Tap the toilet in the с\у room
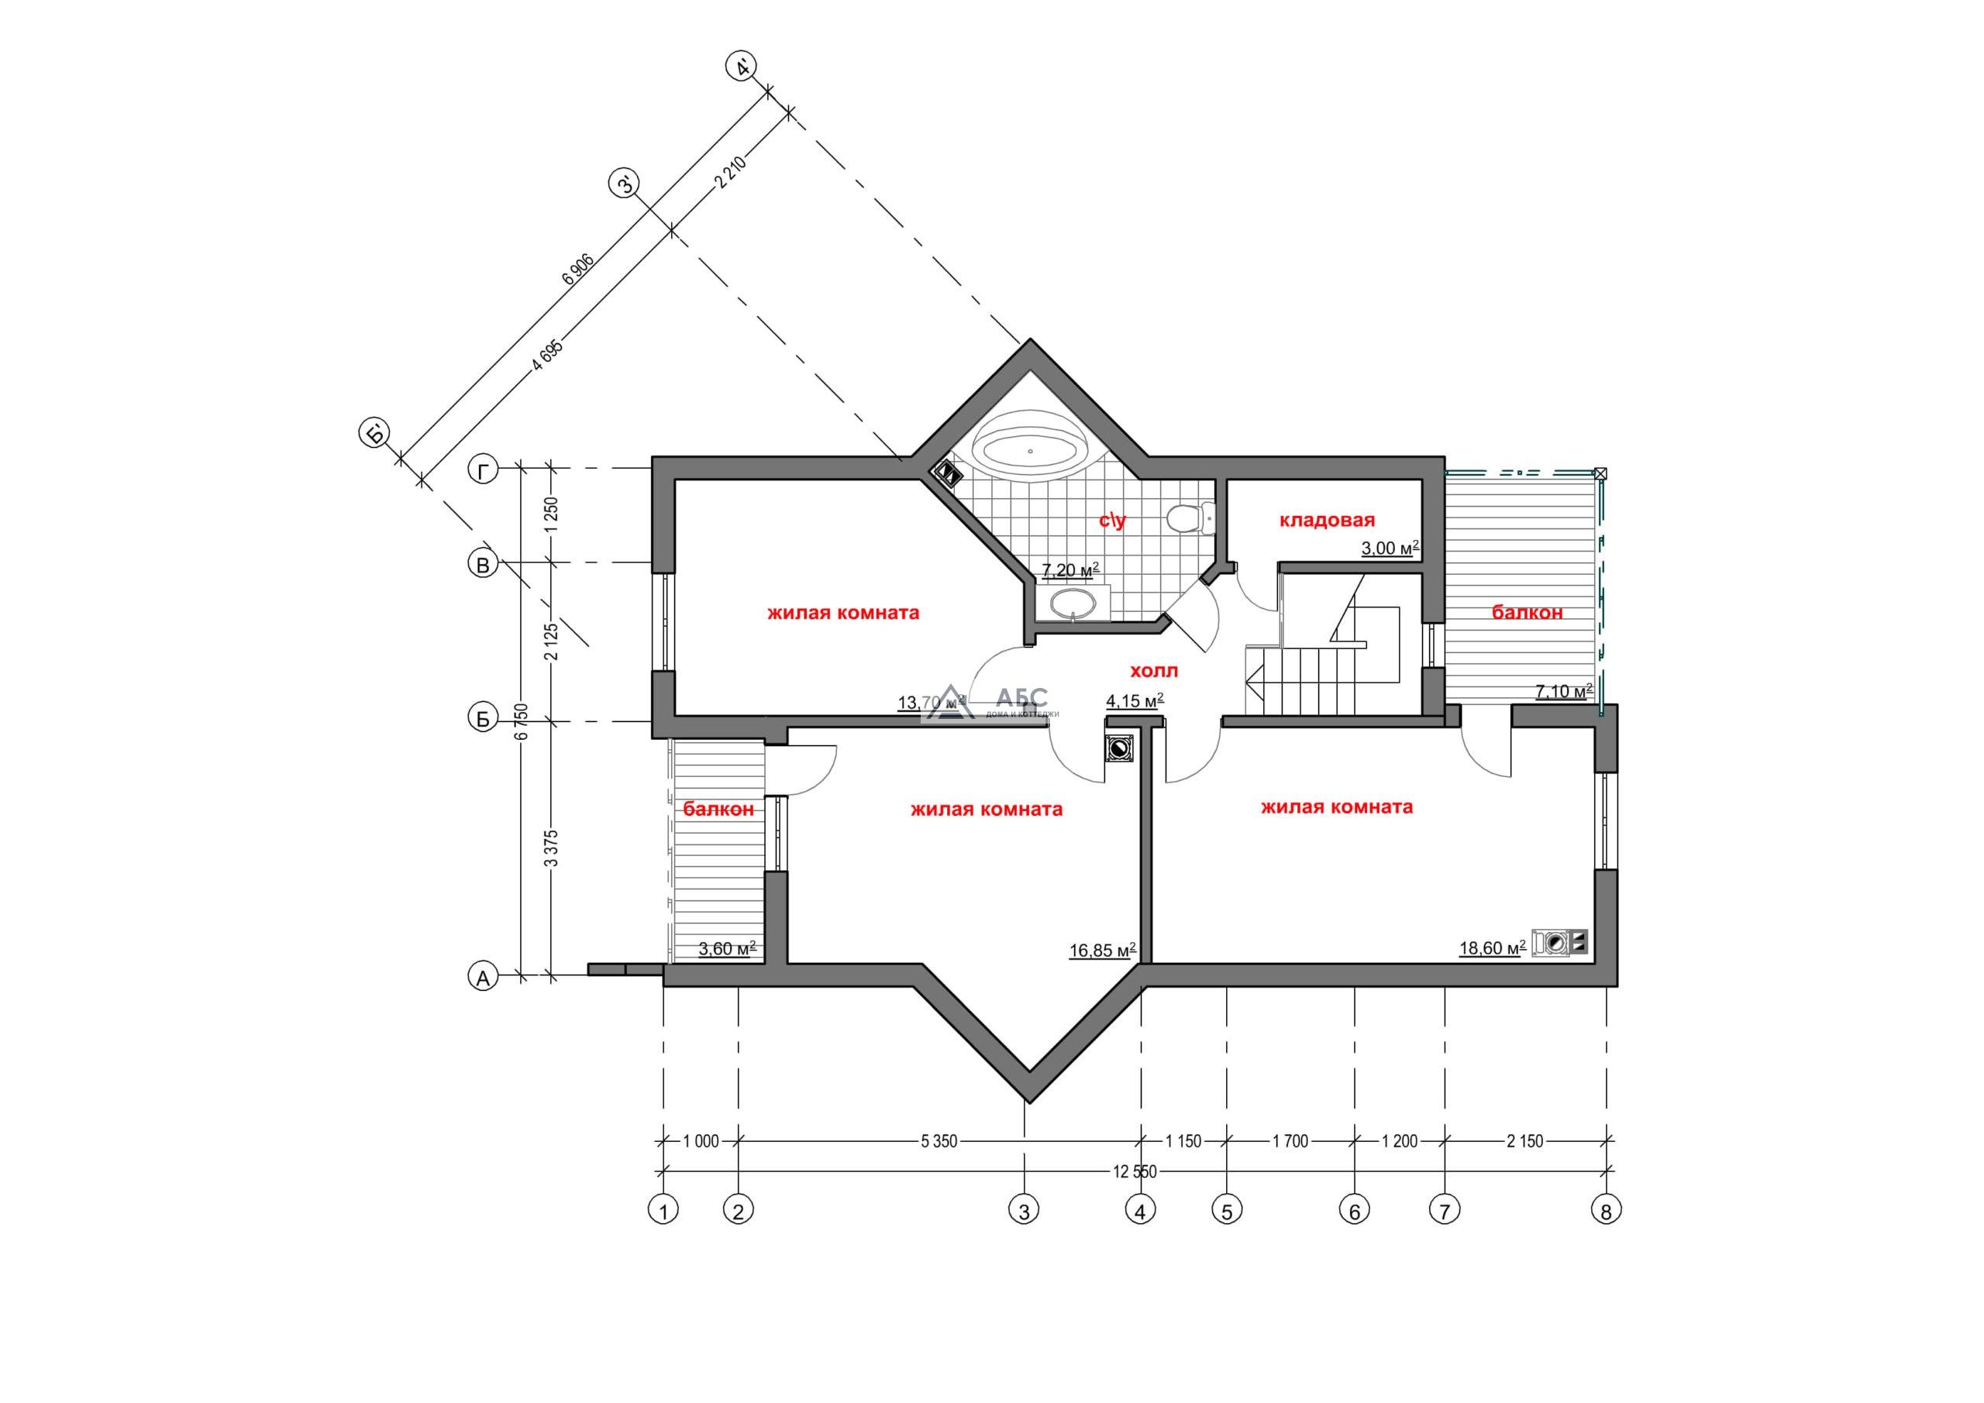(x=1190, y=518)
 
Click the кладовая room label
(x=1326, y=520)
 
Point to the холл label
(x=1154, y=670)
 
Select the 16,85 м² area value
(x=1103, y=951)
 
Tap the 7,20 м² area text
(x=1070, y=570)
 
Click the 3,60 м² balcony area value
(x=728, y=948)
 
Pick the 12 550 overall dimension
(x=1135, y=1172)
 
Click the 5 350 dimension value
(x=939, y=1141)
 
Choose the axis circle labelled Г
(x=483, y=470)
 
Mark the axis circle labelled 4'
(x=742, y=67)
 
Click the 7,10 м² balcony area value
(x=1564, y=691)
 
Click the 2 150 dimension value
(x=1524, y=1141)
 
